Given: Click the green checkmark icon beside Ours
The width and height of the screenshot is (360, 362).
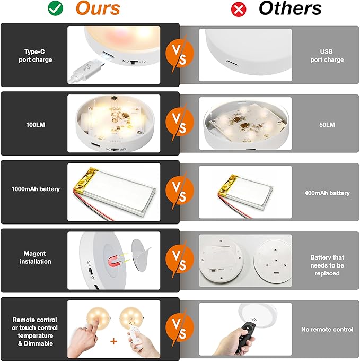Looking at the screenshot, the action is click(x=55, y=8).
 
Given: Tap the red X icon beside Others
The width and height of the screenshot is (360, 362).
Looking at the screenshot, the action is click(x=239, y=10).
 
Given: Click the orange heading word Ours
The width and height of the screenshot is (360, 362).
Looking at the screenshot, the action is click(x=98, y=8).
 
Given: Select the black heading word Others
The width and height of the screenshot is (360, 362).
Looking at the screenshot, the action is click(x=290, y=8).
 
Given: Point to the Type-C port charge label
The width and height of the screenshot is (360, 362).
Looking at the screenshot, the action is click(x=36, y=56).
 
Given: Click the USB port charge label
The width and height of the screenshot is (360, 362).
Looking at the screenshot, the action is click(x=327, y=56).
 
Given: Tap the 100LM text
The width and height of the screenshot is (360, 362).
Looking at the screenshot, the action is click(x=36, y=125).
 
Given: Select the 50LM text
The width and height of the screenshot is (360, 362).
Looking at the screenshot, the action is click(x=327, y=125).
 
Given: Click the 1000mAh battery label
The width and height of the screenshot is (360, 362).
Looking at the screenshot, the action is click(x=36, y=189).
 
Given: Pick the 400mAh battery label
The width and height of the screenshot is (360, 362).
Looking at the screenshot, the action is click(x=327, y=193).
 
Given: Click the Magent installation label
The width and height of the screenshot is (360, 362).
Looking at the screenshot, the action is click(x=36, y=257).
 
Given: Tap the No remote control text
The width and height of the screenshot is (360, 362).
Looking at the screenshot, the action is click(x=327, y=329).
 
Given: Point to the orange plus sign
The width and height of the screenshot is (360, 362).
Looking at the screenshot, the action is click(x=113, y=341).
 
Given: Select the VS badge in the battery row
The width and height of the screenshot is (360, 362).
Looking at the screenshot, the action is click(x=180, y=191).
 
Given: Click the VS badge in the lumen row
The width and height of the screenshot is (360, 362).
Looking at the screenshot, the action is click(x=180, y=122).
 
